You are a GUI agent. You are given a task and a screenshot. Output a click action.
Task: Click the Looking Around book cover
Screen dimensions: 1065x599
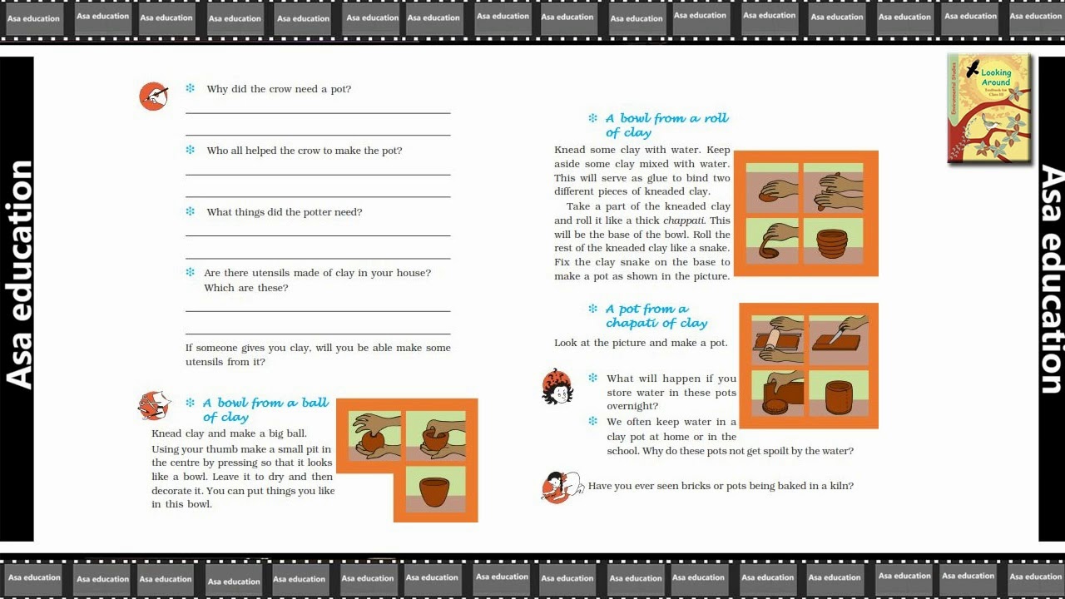989,108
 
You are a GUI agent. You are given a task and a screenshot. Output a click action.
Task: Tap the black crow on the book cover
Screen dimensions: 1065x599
973,69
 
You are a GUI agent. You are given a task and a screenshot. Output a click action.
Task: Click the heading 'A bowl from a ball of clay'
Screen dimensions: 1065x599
265,409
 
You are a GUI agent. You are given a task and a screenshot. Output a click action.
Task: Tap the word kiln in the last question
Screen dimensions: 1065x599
841,485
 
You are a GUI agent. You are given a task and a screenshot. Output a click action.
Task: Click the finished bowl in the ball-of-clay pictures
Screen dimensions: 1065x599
434,492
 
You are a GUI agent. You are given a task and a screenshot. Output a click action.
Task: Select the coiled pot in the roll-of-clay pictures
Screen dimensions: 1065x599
832,244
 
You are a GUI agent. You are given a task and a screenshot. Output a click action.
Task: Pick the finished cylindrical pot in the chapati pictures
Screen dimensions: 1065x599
839,397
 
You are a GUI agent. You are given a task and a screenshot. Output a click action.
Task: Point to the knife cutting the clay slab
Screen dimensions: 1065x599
838,334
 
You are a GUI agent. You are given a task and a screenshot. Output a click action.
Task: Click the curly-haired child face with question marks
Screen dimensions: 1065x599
557,387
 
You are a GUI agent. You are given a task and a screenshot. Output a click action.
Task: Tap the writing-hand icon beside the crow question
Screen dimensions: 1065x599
154,96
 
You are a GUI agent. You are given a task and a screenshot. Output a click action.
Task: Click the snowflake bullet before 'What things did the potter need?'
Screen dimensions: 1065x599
191,211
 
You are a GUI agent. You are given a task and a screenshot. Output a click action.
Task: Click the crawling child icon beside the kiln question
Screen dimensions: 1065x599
562,487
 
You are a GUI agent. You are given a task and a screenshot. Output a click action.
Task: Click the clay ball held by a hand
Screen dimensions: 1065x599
372,441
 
